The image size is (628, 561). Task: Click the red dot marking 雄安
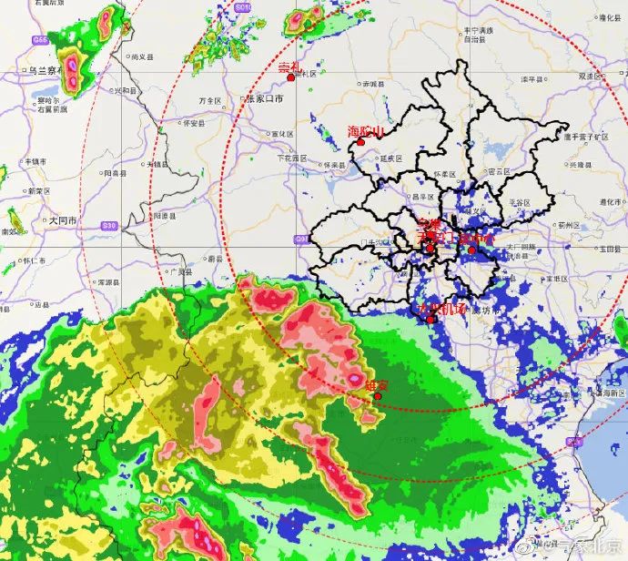378,396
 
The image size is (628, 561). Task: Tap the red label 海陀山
367,132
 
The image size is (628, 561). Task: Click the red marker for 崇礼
290,77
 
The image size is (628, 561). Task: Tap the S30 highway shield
110,225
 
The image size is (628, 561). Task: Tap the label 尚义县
140,56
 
